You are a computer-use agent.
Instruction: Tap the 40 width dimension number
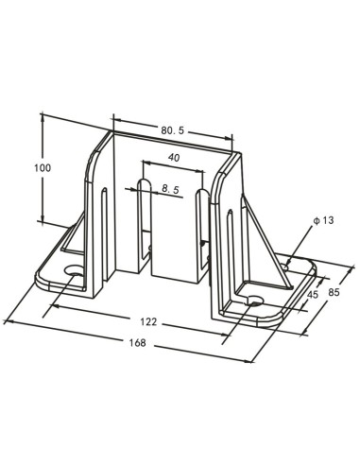(x=174, y=158)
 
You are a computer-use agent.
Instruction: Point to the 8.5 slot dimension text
(x=171, y=190)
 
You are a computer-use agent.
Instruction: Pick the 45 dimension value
(x=314, y=293)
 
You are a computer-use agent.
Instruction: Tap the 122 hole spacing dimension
(x=147, y=321)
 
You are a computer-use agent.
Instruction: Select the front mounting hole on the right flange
(x=253, y=301)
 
